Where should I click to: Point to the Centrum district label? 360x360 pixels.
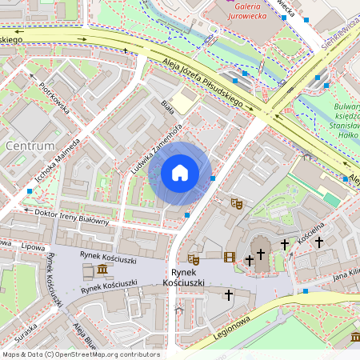click(30, 146)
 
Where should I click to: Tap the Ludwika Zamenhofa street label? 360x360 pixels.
click(158, 149)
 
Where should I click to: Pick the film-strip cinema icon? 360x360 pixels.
click(230, 257)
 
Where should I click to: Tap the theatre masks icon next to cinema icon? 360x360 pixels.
click(193, 258)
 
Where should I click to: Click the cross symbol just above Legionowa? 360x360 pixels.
click(228, 295)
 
